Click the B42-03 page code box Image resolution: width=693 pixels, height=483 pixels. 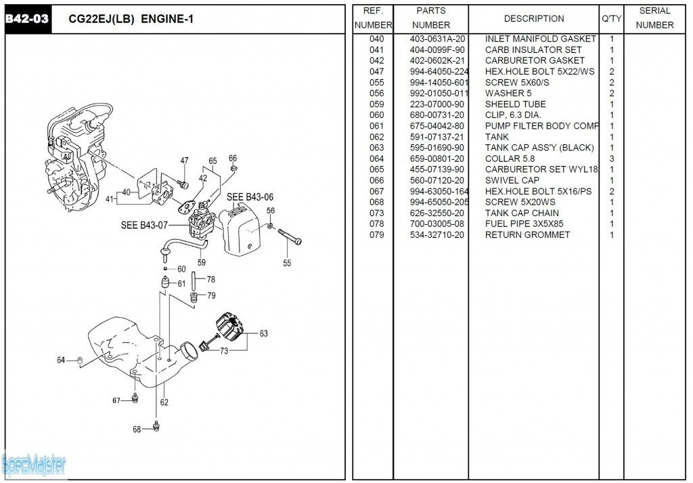coord(27,19)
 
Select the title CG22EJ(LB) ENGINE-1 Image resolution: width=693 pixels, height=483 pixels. coord(131,19)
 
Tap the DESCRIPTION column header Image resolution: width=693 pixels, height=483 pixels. coord(534,18)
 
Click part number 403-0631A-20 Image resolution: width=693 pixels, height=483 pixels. coord(437,39)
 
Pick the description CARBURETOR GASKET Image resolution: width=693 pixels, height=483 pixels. coord(535,60)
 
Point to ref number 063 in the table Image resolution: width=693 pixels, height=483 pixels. coord(376,148)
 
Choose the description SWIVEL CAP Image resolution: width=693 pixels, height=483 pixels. coord(512,180)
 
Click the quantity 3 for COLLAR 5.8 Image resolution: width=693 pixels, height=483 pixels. coord(612,159)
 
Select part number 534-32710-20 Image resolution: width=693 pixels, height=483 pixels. coord(437,235)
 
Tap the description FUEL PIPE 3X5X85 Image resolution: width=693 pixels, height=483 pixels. coord(524,224)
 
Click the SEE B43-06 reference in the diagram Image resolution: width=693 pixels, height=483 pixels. coord(250,197)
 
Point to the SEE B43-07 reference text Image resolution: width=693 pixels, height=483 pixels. coord(144,225)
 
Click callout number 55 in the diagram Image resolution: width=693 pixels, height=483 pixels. coord(287,263)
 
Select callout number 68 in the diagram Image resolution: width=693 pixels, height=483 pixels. coord(136,429)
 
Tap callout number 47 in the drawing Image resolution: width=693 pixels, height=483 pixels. coord(184,161)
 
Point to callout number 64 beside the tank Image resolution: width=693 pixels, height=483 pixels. coord(61,360)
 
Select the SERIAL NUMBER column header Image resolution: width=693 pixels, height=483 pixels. coord(654,18)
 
